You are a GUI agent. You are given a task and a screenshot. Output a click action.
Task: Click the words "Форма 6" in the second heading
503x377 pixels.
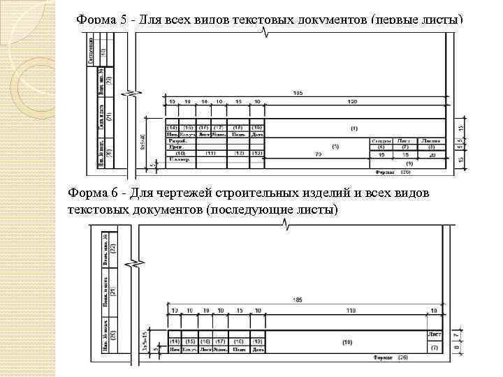pyautogui.click(x=92, y=193)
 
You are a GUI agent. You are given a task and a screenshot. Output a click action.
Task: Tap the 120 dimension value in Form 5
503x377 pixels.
pyautogui.click(x=352, y=102)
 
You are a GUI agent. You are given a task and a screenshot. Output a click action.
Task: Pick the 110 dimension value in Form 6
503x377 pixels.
pyautogui.click(x=347, y=309)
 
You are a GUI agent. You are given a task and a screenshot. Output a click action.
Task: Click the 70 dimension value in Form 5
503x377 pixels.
pyautogui.click(x=318, y=154)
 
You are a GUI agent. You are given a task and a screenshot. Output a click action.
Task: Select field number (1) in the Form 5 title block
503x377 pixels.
pyautogui.click(x=354, y=128)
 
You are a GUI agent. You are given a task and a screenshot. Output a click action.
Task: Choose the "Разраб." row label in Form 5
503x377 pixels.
pyautogui.click(x=176, y=140)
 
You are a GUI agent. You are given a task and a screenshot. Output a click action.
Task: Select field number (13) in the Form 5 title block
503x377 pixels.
pyautogui.click(x=258, y=153)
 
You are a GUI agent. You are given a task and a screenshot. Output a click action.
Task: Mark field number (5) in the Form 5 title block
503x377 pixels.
pyautogui.click(x=335, y=146)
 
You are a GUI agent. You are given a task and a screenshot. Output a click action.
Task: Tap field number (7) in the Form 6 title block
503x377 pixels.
pyautogui.click(x=434, y=347)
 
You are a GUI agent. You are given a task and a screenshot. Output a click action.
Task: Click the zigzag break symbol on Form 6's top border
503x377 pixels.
pyautogui.click(x=286, y=223)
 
